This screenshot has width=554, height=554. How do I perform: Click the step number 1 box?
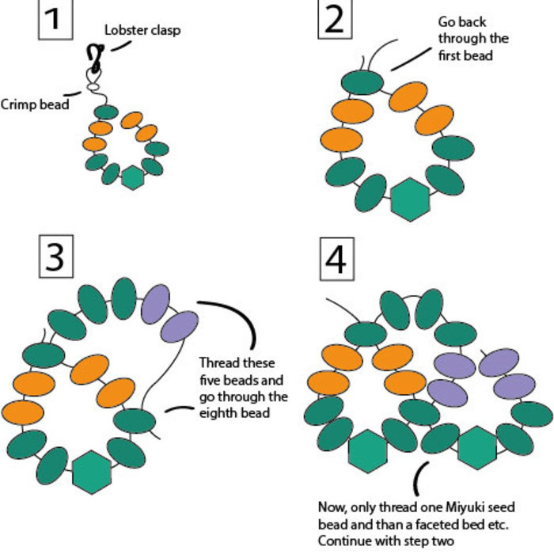[52, 18]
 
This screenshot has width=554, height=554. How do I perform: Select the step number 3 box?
[55, 257]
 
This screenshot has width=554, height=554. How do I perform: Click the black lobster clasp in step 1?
[97, 57]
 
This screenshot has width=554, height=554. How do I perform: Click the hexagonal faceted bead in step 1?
[132, 177]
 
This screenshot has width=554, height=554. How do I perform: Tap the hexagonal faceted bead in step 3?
[92, 473]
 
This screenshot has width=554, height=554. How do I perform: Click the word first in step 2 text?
[450, 56]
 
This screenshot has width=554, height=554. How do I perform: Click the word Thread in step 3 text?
[217, 363]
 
